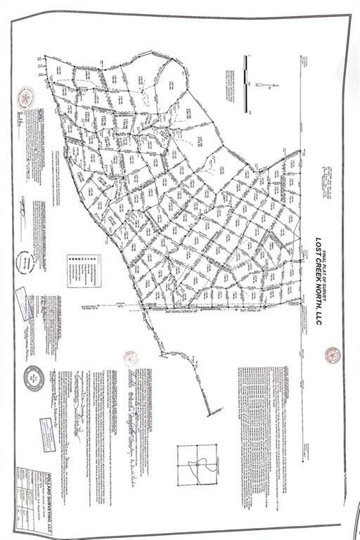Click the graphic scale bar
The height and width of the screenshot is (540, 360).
pyautogui.click(x=245, y=84)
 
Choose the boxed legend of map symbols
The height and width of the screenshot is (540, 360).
pyautogui.click(x=84, y=271)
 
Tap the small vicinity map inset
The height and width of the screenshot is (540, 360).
pyautogui.click(x=197, y=465)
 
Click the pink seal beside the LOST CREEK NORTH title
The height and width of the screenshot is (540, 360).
pyautogui.click(x=333, y=355)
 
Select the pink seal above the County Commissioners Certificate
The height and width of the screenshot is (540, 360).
pyautogui.click(x=130, y=359)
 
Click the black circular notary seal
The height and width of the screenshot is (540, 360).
pyautogui.click(x=34, y=379)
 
